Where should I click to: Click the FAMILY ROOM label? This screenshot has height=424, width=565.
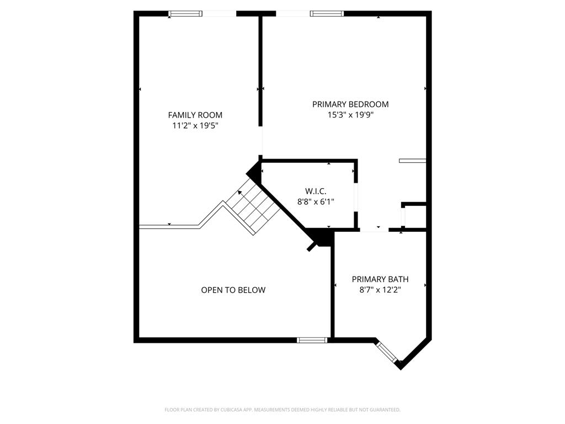[195, 115]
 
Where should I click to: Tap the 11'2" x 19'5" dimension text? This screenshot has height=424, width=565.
[196, 126]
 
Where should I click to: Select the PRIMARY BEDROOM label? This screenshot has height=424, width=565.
[350, 104]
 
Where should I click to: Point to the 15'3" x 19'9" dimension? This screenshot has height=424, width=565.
[350, 115]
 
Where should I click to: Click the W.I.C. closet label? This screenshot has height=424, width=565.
[316, 191]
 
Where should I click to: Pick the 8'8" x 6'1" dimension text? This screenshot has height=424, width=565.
[316, 202]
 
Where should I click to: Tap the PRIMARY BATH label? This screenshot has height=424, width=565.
[380, 279]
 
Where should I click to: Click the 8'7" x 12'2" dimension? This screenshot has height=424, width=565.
[380, 290]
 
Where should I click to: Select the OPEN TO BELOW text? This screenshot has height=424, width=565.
[233, 290]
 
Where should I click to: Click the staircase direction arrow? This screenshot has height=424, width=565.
[241, 193]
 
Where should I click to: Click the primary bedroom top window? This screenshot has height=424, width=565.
[327, 14]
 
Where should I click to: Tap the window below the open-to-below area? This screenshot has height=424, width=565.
[312, 340]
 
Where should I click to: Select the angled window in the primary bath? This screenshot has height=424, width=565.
[387, 352]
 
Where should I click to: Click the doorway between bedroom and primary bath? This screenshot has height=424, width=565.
[375, 230]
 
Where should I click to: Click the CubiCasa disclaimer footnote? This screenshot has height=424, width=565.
[282, 410]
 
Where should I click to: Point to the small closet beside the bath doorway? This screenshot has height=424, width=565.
[415, 216]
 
